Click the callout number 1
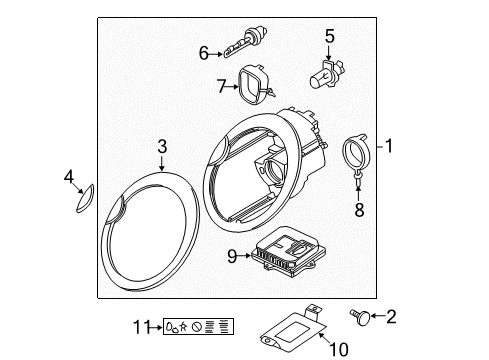(388, 146)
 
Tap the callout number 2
(391, 316)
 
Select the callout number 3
(162, 146)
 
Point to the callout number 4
(69, 176)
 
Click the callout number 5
(329, 36)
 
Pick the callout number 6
(204, 53)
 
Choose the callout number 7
(222, 86)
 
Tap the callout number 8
(359, 210)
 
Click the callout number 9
(232, 256)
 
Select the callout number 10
(339, 350)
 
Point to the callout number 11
(142, 327)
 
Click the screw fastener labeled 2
(360, 317)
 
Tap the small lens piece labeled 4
(85, 199)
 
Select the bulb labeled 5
(326, 74)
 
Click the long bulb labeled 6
(246, 42)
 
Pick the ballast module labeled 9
(288, 252)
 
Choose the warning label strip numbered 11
(198, 326)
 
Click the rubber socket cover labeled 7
(256, 84)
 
